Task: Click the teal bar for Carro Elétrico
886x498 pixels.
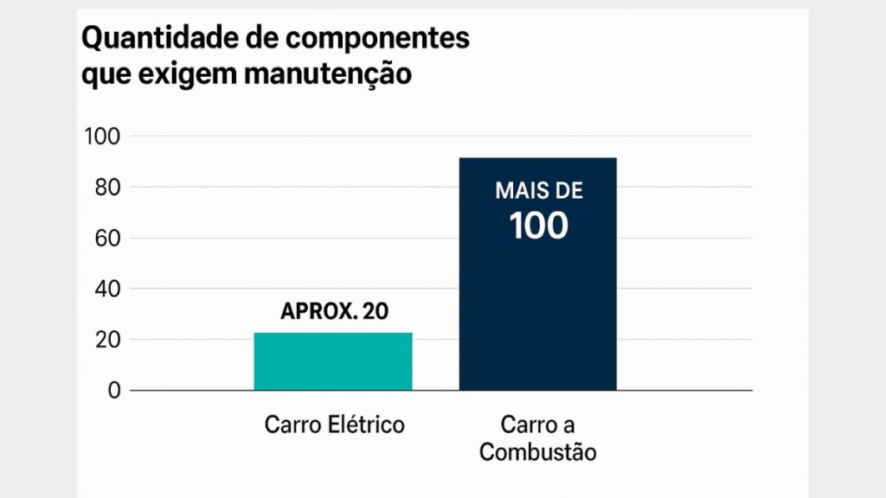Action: pos(333,361)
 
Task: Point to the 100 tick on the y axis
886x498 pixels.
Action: pos(101,137)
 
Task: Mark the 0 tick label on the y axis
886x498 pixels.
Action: pos(114,391)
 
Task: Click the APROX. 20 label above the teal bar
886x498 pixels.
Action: pos(334,312)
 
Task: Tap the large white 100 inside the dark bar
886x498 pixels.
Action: pos(538,226)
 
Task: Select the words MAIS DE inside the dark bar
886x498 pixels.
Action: pos(538,191)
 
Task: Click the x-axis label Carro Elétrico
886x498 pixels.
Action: pos(334,425)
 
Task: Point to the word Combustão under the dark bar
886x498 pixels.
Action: pos(537,452)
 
